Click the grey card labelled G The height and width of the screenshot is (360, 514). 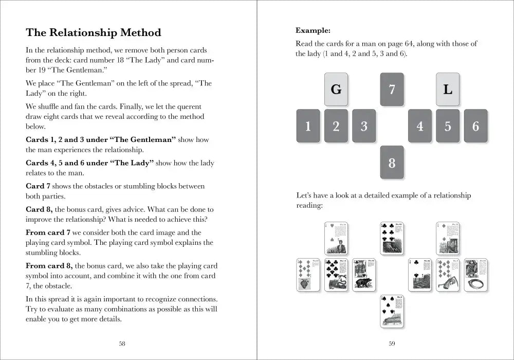tap(336, 89)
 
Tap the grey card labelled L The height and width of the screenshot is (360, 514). tap(448, 89)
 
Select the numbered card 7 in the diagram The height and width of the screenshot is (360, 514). tap(392, 89)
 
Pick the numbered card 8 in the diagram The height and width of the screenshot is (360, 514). tap(392, 163)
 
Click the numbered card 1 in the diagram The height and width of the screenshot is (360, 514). tap(308, 126)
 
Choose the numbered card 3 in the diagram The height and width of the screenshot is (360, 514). tap(364, 126)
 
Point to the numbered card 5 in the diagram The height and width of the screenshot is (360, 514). tap(448, 126)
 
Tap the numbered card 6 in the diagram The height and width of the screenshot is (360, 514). tap(475, 126)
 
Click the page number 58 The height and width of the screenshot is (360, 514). tap(122, 344)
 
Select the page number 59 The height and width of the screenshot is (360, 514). tap(392, 344)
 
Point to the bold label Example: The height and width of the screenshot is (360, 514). tap(313, 30)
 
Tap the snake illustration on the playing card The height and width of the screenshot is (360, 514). tap(337, 282)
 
